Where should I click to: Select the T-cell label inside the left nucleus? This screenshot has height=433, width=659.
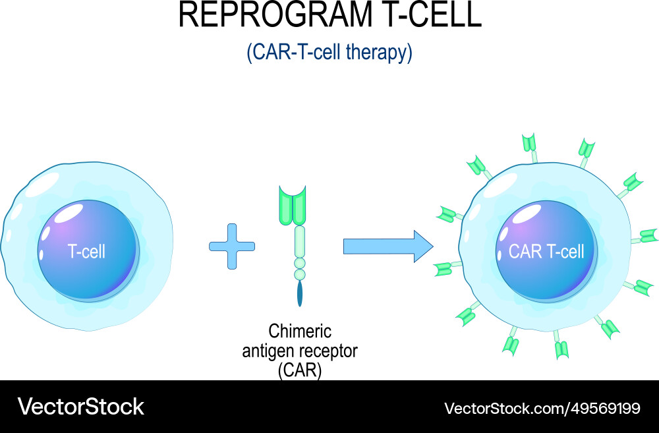[86, 251]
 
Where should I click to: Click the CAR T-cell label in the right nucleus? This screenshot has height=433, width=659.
[546, 251]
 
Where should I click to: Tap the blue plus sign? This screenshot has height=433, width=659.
[231, 246]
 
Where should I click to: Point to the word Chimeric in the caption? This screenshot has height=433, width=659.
[300, 330]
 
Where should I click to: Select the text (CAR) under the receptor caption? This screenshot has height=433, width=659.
[300, 370]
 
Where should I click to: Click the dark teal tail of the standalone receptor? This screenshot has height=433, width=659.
[301, 293]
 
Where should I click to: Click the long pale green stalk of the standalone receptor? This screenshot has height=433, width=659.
[300, 241]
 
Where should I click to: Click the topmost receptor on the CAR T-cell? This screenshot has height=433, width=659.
[529, 144]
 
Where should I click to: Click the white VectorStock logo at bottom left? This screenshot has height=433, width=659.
[80, 407]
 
